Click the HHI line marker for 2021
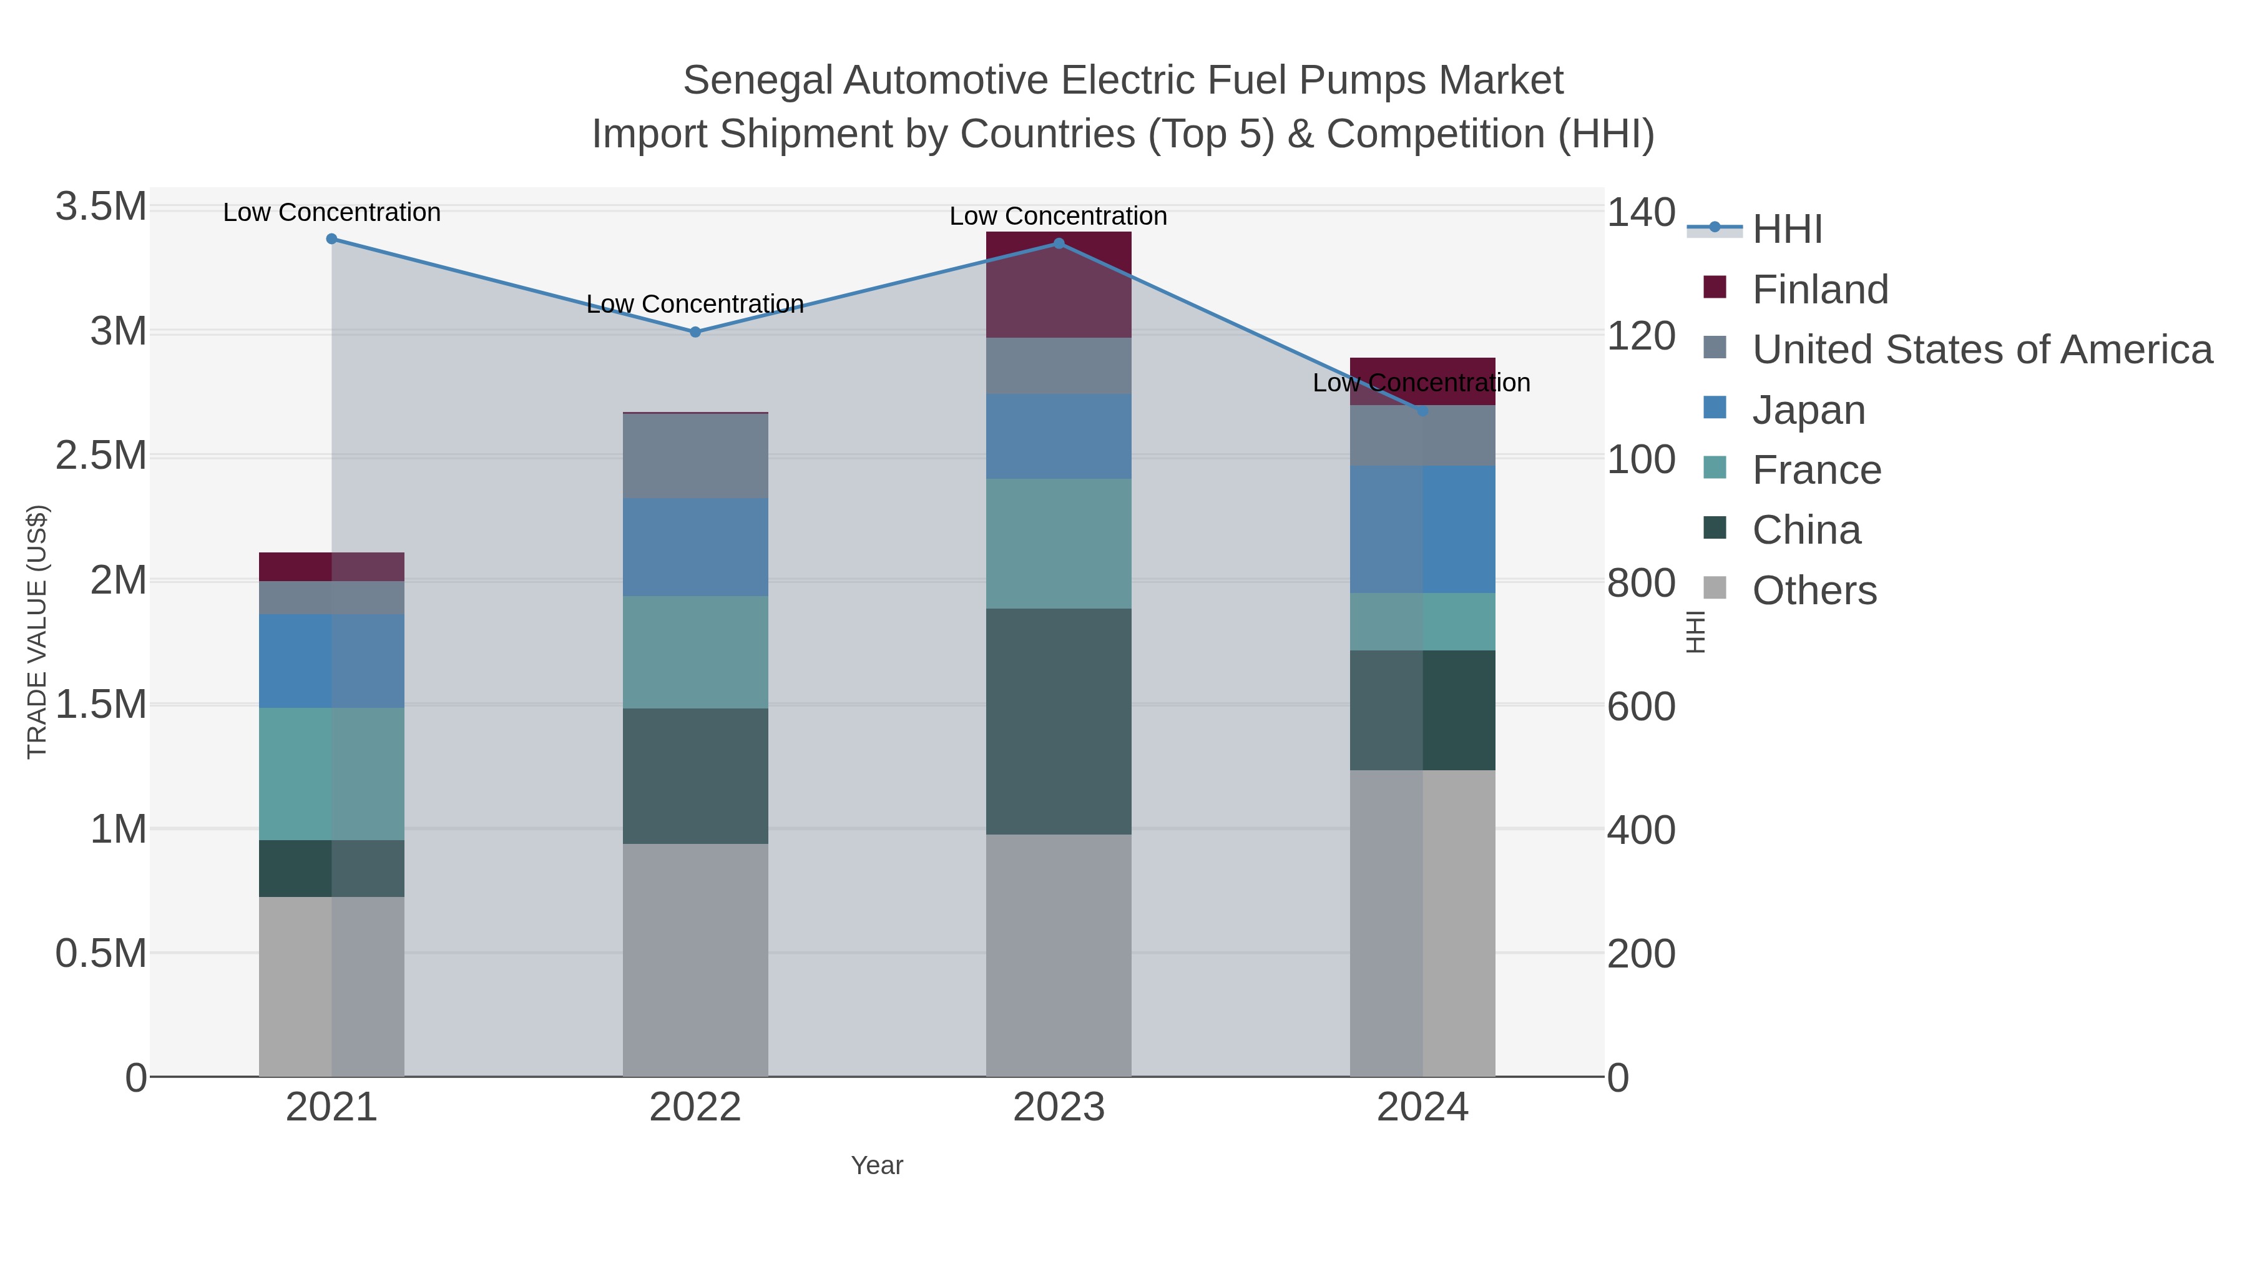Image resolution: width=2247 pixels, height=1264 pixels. tap(331, 239)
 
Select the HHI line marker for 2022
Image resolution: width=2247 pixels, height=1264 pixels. tap(695, 332)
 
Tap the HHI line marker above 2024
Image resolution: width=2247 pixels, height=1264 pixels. tap(1422, 411)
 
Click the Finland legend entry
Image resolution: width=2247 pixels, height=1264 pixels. tap(1819, 290)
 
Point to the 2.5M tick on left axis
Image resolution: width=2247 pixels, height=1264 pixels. tap(101, 456)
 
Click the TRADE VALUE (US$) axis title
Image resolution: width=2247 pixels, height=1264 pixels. tap(37, 632)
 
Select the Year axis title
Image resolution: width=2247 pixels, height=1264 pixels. tap(877, 1165)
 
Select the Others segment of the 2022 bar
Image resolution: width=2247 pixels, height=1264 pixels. tap(695, 959)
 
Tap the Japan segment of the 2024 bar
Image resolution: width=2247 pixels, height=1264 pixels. tap(1422, 529)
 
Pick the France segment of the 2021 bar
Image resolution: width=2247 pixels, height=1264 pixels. tap(331, 774)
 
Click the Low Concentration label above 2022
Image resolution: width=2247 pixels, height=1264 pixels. tap(695, 305)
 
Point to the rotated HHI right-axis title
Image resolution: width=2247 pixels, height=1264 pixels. tap(1695, 632)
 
